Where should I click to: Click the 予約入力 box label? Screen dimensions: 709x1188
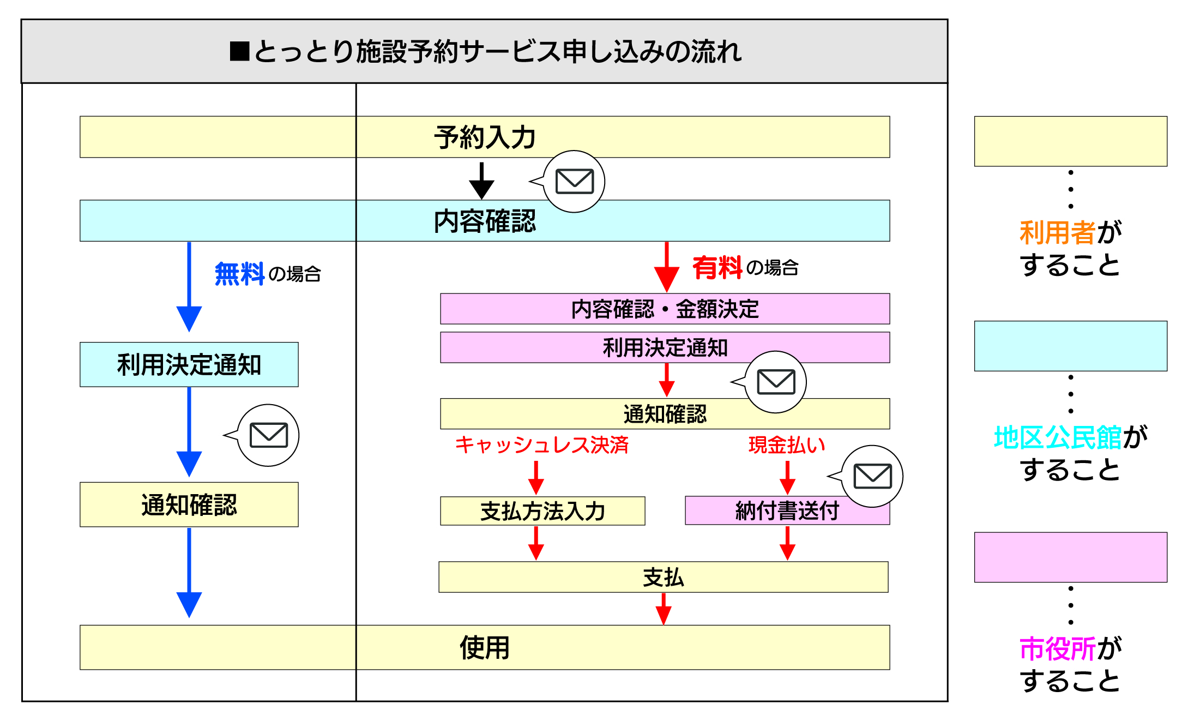click(x=484, y=137)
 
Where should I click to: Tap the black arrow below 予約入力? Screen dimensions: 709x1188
click(x=481, y=182)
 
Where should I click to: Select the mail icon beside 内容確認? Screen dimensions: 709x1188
click(x=574, y=182)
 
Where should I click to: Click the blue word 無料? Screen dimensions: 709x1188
click(x=239, y=273)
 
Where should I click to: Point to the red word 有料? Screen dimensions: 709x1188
click(x=717, y=268)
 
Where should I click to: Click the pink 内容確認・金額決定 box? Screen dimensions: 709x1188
click(x=665, y=309)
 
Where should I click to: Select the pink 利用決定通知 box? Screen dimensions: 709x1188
click(x=665, y=347)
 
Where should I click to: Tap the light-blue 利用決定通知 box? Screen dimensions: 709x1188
click(x=189, y=365)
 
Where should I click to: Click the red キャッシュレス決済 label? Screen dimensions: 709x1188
click(x=541, y=445)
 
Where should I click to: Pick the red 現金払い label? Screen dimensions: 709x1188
click(x=786, y=445)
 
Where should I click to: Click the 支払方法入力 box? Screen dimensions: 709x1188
click(x=542, y=511)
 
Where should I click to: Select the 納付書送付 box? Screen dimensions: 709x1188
click(x=786, y=511)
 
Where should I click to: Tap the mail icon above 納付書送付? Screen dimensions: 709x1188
click(x=872, y=476)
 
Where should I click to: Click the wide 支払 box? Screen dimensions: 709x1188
click(x=663, y=577)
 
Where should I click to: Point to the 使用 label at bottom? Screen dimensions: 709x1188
click(x=484, y=648)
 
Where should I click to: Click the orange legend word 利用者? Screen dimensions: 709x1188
click(x=1057, y=233)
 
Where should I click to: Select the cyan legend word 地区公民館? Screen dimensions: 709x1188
click(x=1057, y=437)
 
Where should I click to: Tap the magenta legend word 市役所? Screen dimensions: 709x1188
click(x=1057, y=648)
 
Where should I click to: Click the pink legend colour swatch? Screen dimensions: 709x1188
click(x=1070, y=557)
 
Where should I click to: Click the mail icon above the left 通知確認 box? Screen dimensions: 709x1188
click(x=268, y=435)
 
